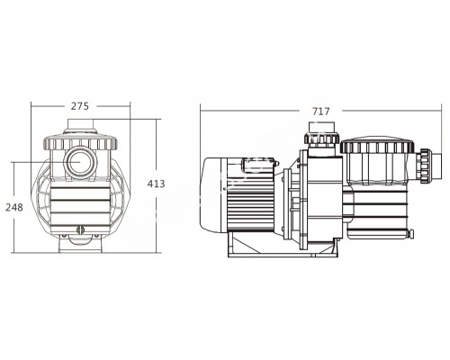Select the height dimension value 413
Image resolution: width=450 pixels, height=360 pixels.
pos(157,184)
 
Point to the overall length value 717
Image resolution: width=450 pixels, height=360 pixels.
pos(320,112)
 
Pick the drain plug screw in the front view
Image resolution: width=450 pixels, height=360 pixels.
pos(77,231)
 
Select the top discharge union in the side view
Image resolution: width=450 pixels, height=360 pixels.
pos(319,139)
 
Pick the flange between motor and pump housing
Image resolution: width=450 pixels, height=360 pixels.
pos(293,200)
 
